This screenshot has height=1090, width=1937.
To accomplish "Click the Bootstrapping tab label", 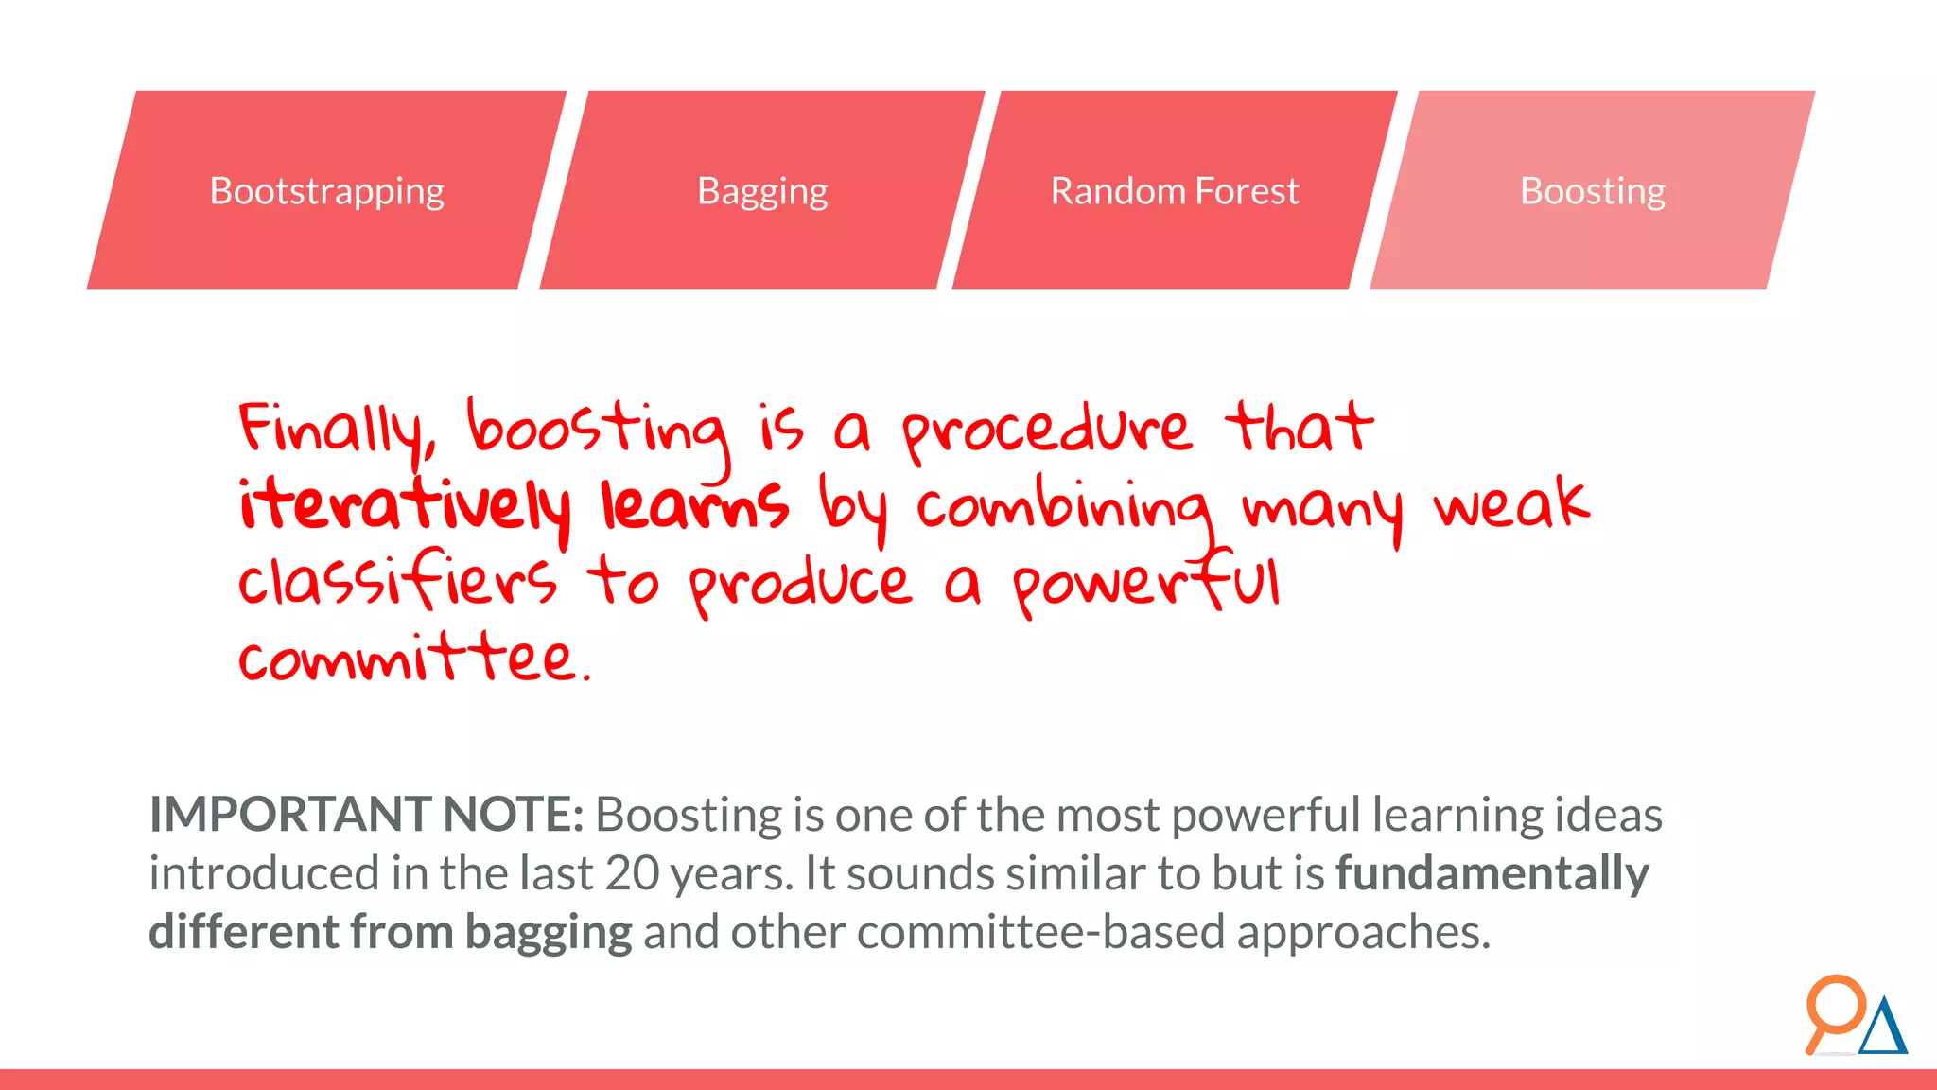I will [326, 191].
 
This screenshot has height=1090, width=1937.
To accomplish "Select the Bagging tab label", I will [762, 191].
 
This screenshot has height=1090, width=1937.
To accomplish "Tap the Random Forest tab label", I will [1175, 191].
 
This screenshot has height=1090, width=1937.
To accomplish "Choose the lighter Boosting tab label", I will [1592, 191].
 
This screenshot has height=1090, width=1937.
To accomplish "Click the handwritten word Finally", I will [336, 431].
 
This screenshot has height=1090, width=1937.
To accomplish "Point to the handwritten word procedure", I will [1045, 431].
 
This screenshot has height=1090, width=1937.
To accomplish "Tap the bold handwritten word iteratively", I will [405, 506].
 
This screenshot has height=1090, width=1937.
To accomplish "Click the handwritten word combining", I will [1064, 508].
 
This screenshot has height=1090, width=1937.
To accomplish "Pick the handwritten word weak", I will [1510, 504].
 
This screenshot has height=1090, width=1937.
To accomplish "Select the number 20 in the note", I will [632, 873].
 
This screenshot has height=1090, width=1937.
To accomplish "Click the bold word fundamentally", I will [1492, 873].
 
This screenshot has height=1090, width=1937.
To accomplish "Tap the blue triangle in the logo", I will [1883, 1028].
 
